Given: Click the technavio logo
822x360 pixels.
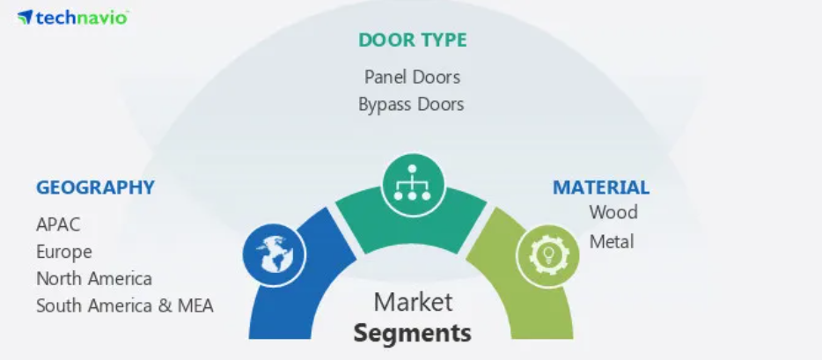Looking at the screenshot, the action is (73, 18).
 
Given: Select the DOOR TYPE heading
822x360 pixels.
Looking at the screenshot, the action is (413, 40).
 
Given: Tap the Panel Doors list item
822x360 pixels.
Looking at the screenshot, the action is (412, 77).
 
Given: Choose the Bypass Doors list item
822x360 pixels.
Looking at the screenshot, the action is (412, 104).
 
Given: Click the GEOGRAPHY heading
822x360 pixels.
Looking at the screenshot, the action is (95, 187).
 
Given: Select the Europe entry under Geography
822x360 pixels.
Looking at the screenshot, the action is (64, 252).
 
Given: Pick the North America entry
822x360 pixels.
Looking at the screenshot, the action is (94, 279).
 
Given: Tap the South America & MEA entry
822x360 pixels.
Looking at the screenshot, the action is (125, 305).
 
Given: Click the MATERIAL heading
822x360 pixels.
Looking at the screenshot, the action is (601, 187).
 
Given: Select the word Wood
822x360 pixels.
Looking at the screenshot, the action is (613, 212).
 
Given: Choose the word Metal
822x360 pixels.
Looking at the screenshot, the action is (612, 241).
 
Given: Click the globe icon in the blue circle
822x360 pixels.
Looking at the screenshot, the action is (275, 254).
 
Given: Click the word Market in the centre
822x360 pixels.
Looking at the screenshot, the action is (413, 303).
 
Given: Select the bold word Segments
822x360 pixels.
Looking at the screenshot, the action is (413, 333).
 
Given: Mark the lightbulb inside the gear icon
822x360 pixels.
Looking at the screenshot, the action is (548, 255).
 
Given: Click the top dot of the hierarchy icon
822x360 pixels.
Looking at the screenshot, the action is (413, 169).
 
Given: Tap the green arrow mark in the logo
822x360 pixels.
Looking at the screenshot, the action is (26, 17).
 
